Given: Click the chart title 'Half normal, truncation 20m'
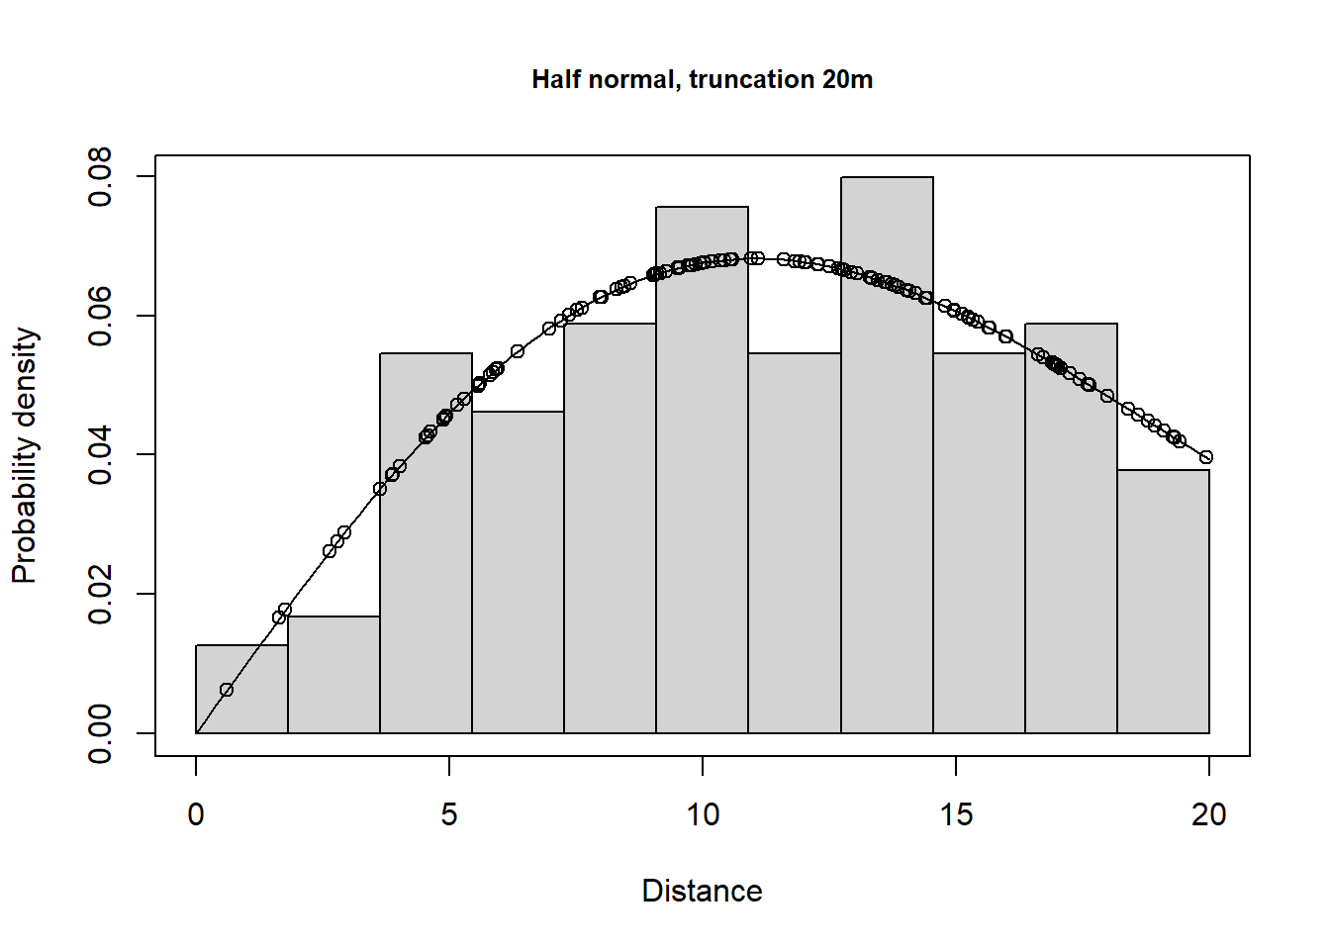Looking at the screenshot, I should point(702,79).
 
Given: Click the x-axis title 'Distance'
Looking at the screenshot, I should point(702,891).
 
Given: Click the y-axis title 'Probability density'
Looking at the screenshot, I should point(25,455).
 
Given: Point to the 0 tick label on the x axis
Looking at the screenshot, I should point(196,814).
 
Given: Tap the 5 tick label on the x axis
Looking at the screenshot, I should point(449,814).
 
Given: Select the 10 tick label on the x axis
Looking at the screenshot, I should point(703,814).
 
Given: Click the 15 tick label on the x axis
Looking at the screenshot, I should point(956,814).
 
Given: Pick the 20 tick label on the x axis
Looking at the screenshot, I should point(1208,814).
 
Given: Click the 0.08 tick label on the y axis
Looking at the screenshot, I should point(100,177).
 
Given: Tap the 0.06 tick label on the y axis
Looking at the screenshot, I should point(100,317).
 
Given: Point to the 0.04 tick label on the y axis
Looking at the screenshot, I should point(100,455).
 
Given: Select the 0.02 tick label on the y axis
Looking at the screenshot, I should point(100,595).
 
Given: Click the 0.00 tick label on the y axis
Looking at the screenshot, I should point(100,733).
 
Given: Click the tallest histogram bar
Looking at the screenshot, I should point(887,455).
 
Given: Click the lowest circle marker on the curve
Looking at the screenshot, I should point(227,690).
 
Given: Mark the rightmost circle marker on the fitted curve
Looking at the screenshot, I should point(1205,457).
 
